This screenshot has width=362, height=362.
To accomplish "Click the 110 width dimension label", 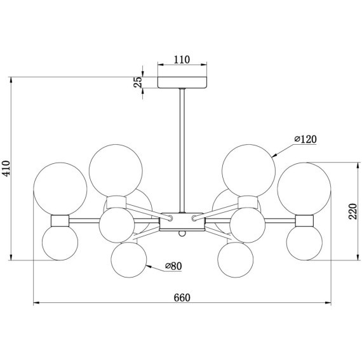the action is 182,60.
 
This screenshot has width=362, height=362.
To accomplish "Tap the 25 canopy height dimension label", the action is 138,82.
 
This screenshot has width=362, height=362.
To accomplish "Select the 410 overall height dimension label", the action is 6,168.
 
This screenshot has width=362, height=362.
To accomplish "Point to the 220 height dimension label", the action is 352,211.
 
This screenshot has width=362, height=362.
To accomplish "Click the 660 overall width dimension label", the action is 182,298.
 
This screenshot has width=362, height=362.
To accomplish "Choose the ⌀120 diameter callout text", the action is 305,139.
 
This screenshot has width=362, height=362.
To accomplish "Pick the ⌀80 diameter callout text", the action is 173,266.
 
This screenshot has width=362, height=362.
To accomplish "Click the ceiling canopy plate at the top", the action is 182,82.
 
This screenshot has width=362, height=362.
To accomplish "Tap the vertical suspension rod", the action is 182,151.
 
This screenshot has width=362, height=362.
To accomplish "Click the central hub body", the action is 182,222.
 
